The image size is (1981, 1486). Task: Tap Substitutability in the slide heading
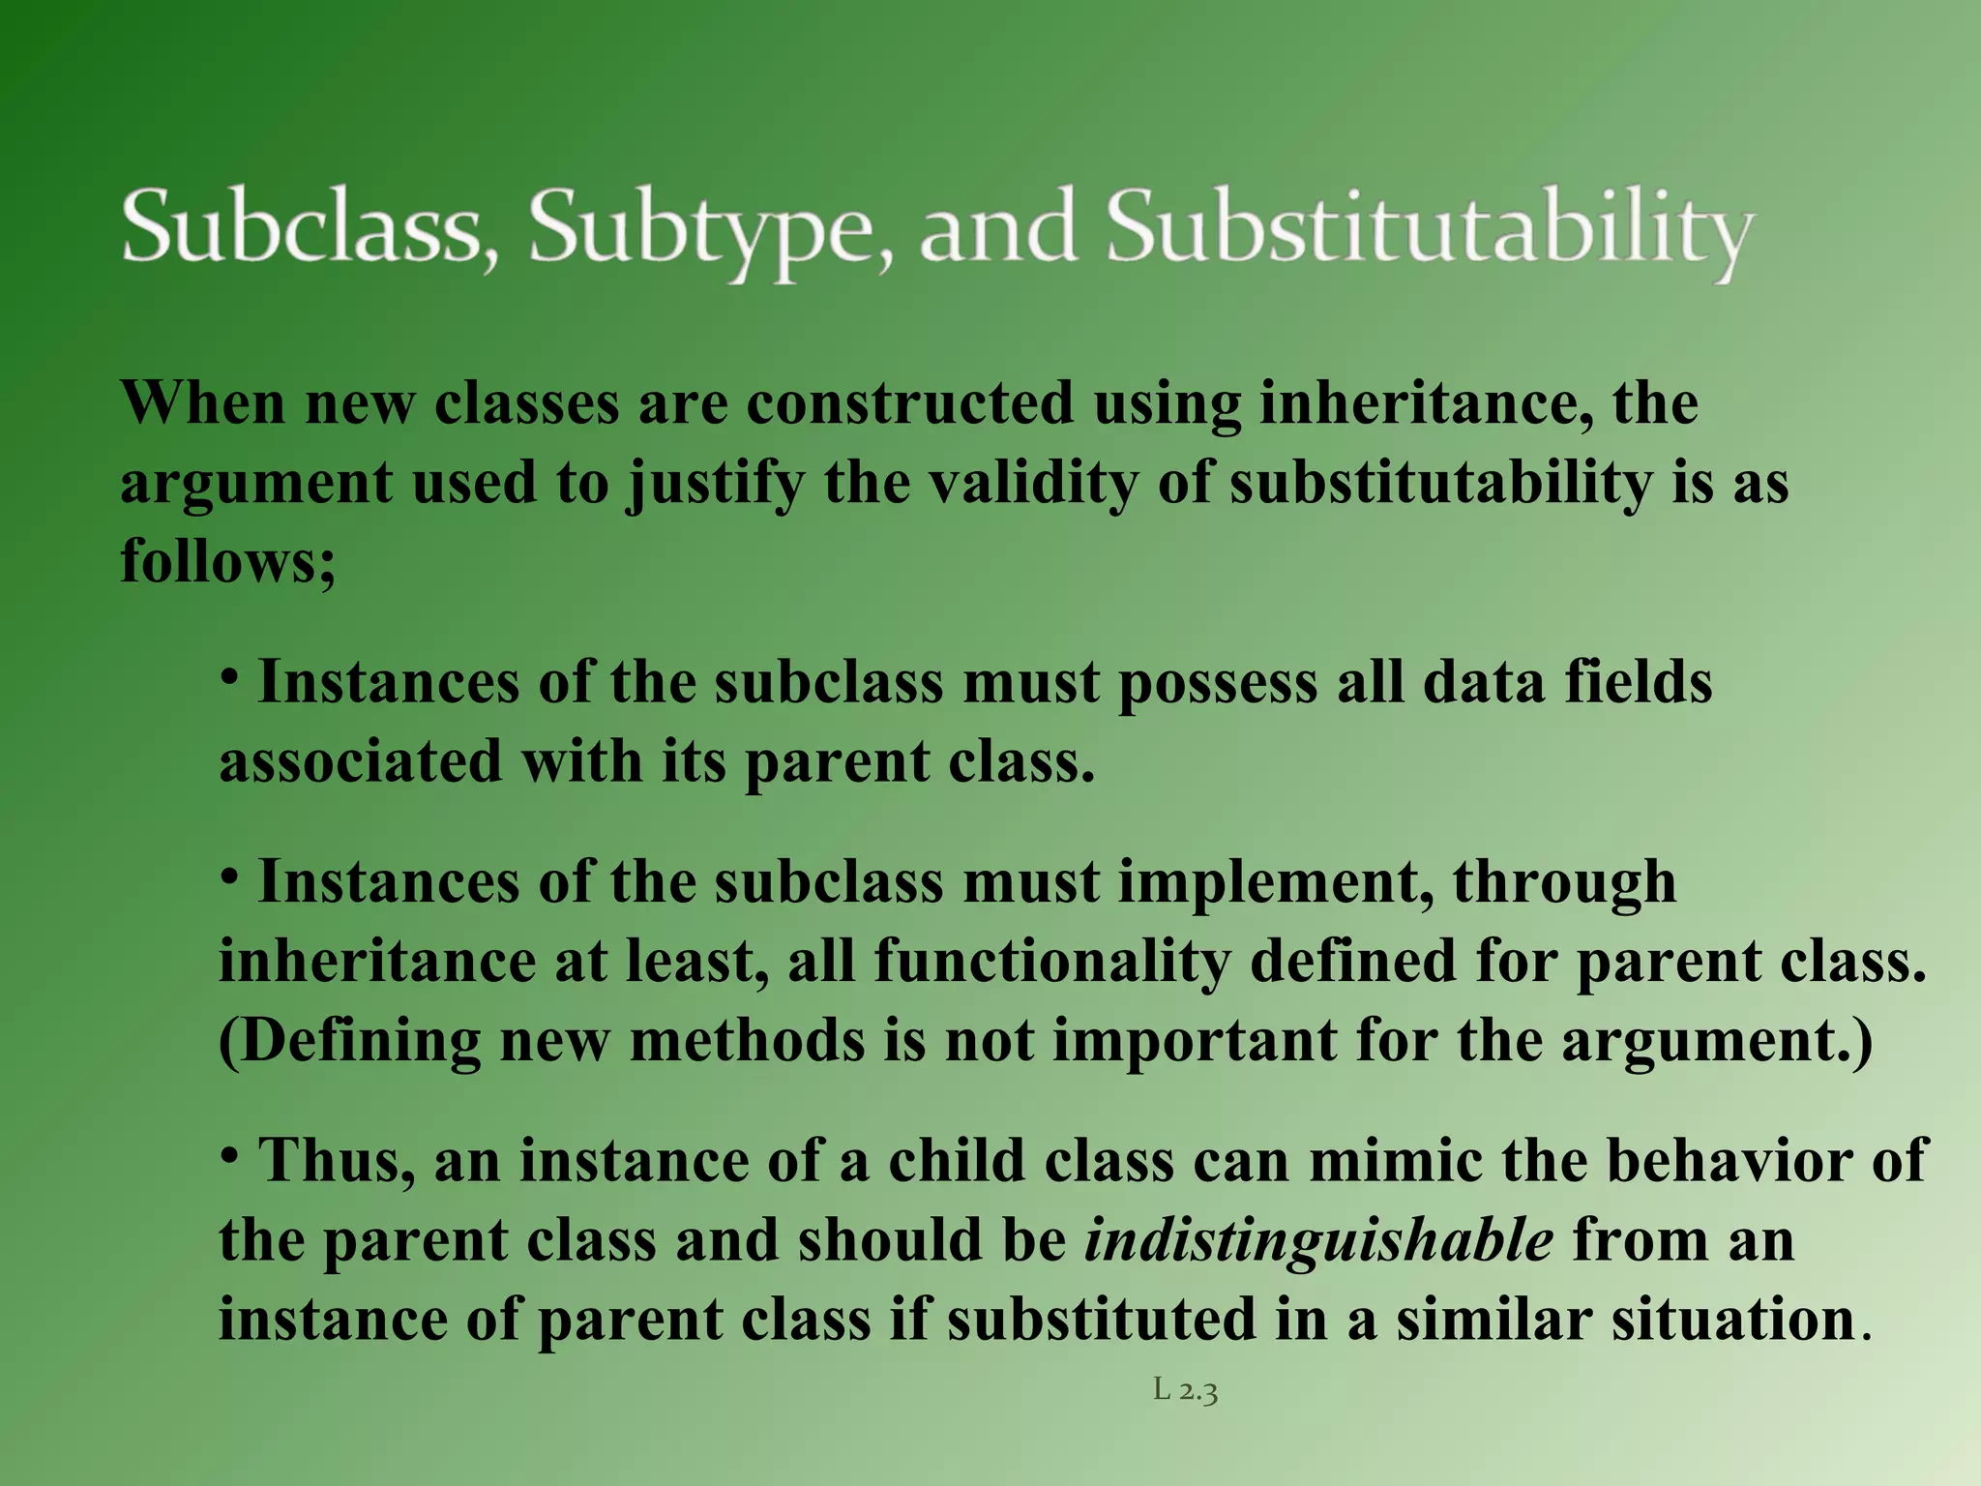click(x=1429, y=228)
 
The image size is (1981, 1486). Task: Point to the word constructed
click(x=909, y=402)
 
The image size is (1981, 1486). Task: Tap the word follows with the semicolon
click(x=228, y=561)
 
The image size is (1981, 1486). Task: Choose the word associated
click(x=360, y=762)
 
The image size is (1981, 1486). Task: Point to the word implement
click(x=1275, y=882)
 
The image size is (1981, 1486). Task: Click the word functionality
click(x=1052, y=962)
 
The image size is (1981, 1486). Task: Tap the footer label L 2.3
click(x=1185, y=1391)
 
